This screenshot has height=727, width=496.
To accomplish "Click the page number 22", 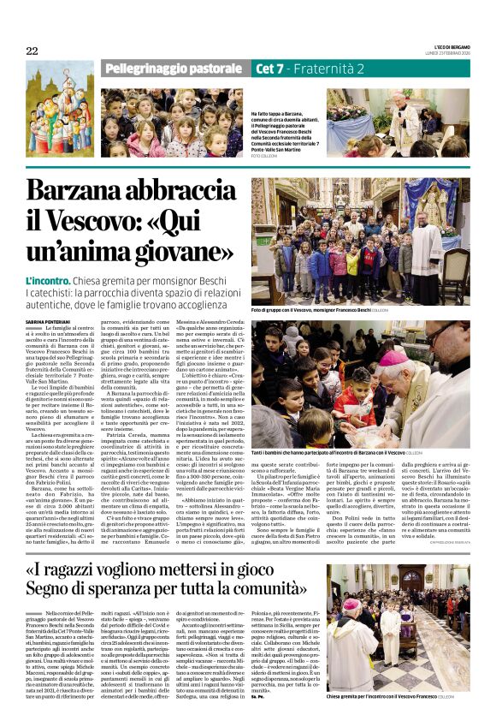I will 32,51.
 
